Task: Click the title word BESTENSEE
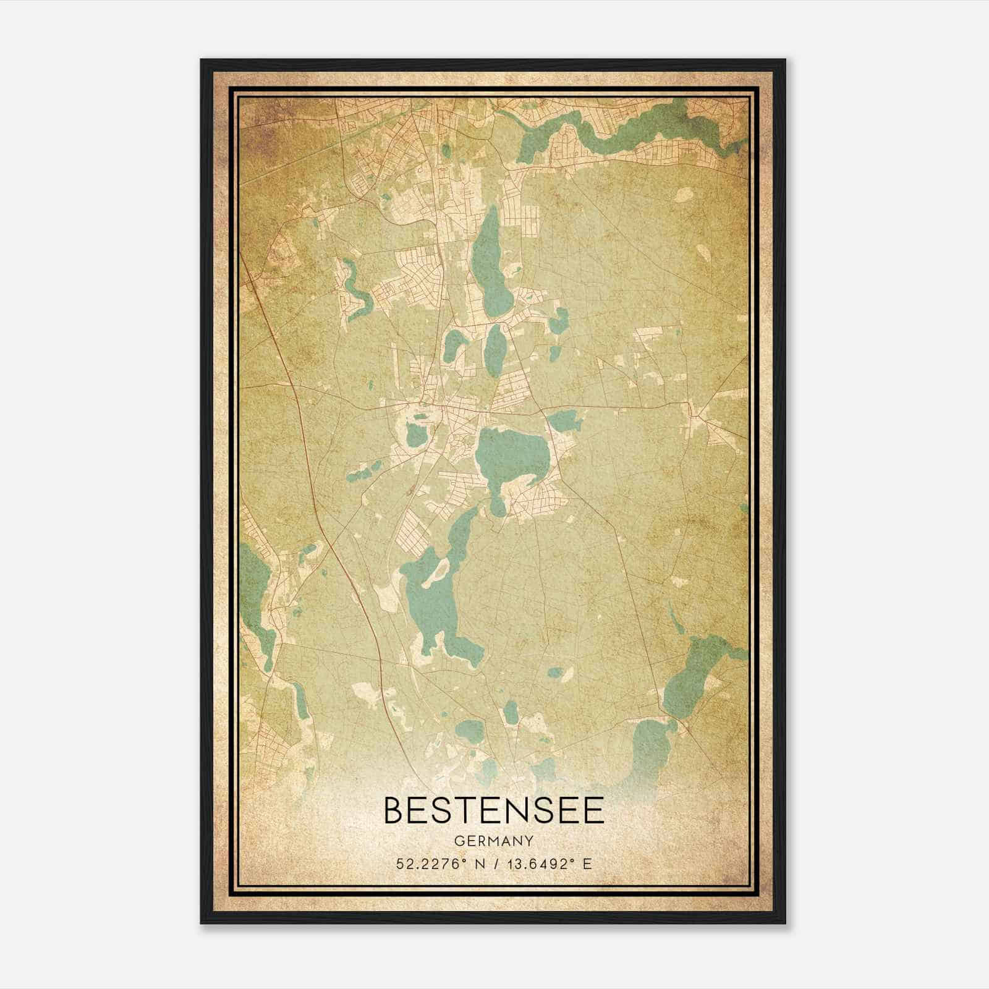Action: [494, 810]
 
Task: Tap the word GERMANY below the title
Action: [494, 841]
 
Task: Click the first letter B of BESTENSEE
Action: [396, 810]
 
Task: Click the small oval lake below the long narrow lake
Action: [494, 349]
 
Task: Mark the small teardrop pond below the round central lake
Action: [498, 504]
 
